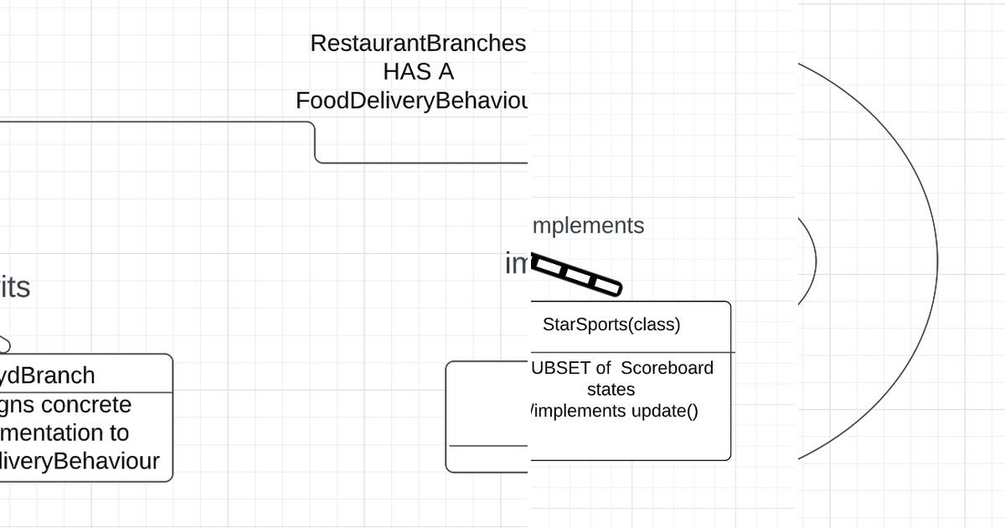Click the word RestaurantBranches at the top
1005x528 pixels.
418,44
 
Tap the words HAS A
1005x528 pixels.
418,72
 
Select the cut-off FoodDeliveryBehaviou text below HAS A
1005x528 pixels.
412,101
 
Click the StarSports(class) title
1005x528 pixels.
611,324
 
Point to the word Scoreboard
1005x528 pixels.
667,368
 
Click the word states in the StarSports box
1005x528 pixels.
611,390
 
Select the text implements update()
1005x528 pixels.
614,411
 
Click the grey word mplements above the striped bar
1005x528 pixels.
588,225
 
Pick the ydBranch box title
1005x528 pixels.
48,375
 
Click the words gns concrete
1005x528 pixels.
66,405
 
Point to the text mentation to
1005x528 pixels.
64,432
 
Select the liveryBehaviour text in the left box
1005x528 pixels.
80,461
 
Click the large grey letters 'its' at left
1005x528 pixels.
15,287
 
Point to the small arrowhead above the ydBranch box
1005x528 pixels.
3,344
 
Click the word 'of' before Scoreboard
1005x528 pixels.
601,368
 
